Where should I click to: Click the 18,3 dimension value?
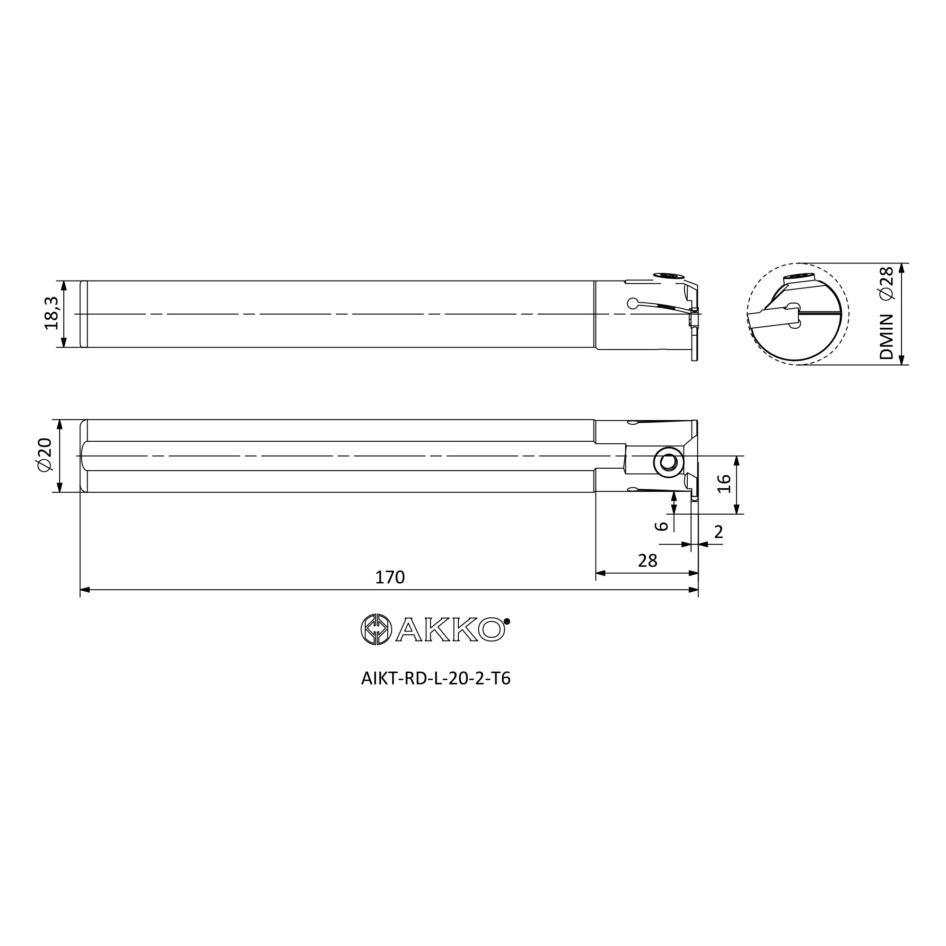[52, 314]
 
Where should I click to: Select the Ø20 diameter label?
[44, 455]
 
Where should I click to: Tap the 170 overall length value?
[390, 577]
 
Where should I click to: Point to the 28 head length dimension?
[648, 561]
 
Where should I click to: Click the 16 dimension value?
[724, 484]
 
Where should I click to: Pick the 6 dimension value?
[662, 526]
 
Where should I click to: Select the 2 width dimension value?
[718, 532]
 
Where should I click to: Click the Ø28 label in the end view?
[887, 282]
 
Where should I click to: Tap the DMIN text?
[887, 337]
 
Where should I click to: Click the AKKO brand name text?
[450, 630]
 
